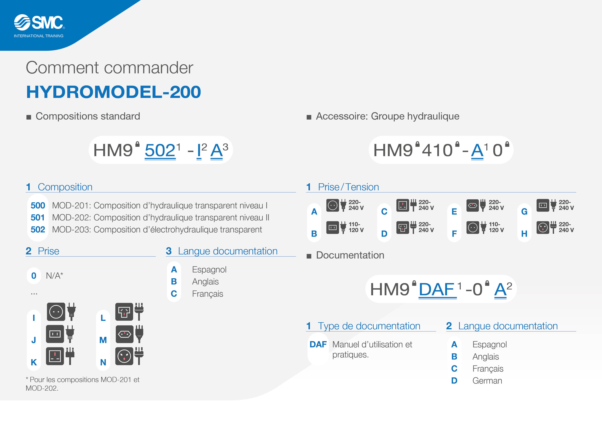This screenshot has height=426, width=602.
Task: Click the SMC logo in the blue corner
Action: coord(39,22)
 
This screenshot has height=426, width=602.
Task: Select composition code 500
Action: coord(38,205)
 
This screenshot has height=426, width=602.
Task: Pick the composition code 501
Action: coord(37,218)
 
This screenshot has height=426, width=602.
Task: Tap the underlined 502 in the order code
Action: coord(160,150)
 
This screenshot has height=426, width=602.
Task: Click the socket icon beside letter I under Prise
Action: coord(56,312)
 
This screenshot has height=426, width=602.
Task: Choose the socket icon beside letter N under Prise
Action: coord(124,356)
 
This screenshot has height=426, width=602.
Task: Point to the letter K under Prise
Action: coord(34,362)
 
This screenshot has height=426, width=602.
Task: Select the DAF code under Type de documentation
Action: coord(318,344)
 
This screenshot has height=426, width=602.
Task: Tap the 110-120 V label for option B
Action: coord(356,227)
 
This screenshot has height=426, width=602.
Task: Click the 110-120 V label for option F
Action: coord(496,227)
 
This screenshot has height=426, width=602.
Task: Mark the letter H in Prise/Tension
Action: coord(524,234)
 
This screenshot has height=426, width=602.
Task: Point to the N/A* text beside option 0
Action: coord(55,276)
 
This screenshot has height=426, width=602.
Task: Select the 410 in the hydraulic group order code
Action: coord(437,150)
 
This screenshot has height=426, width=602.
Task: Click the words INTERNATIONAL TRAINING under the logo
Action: coord(39,36)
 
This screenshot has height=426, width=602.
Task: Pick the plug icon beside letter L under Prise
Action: coord(139,312)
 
